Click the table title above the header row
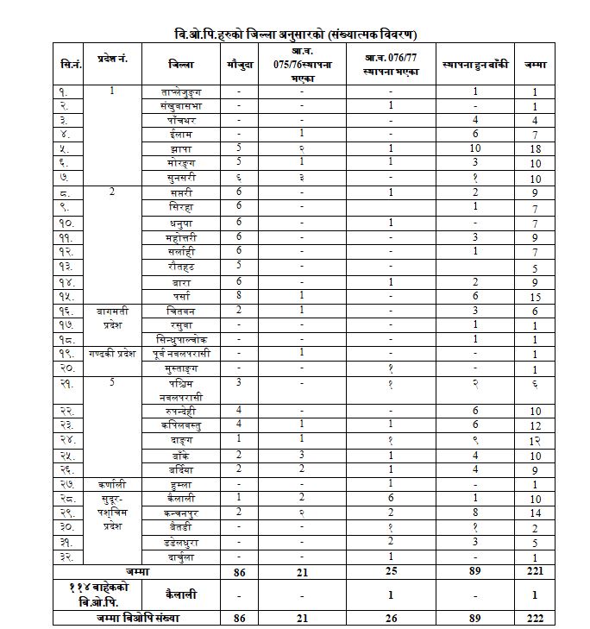click(295, 35)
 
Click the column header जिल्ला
click(182, 64)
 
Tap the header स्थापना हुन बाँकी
click(475, 64)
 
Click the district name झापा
click(182, 148)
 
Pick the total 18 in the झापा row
click(535, 148)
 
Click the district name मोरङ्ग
click(182, 162)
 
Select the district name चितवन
click(182, 310)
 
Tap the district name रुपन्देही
click(182, 412)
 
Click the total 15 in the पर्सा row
click(535, 296)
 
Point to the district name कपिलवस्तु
click(182, 425)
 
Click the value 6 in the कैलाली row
click(391, 499)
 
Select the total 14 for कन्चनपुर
click(535, 513)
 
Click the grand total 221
click(535, 571)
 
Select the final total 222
click(535, 619)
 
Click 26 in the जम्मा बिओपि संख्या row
click(391, 619)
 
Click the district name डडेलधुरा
click(182, 542)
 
